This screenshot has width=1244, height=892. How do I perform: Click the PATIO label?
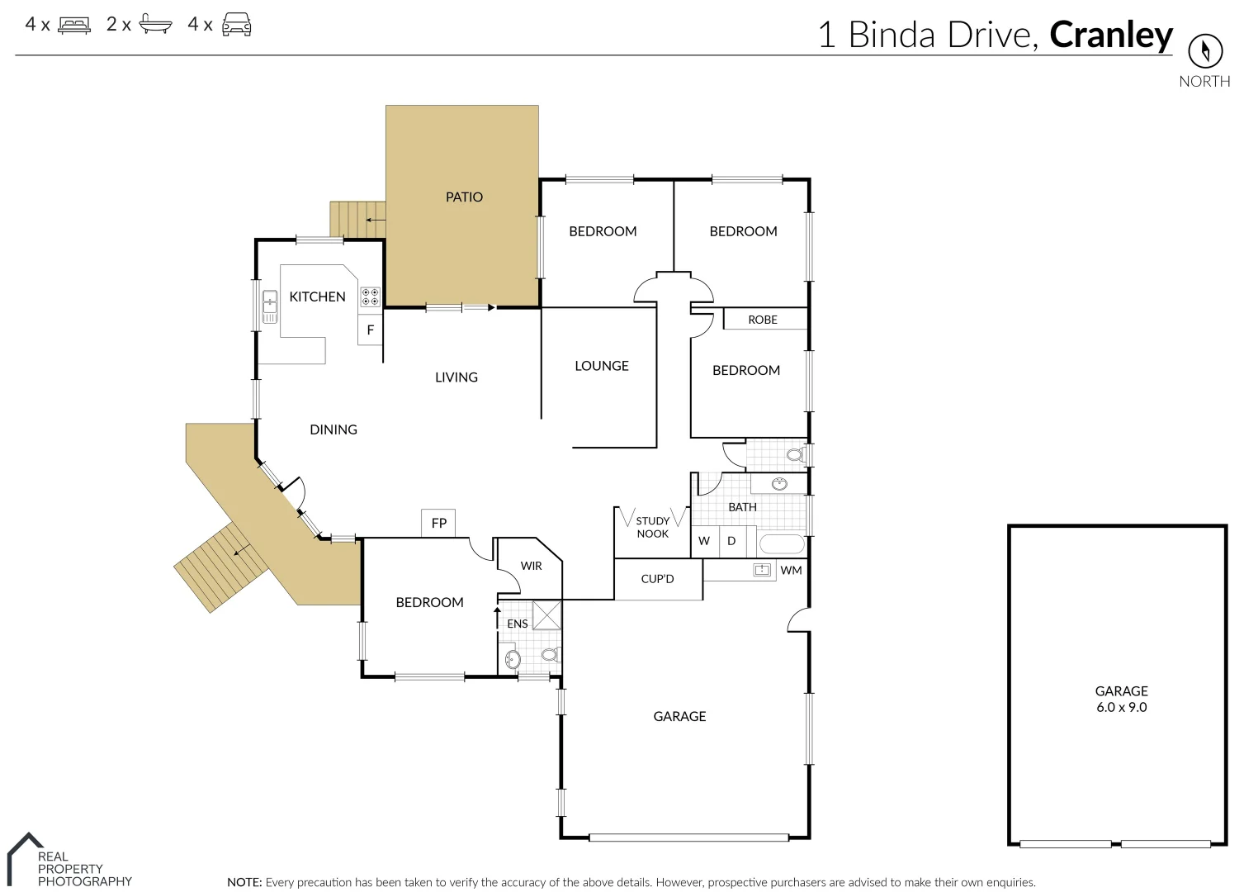click(464, 197)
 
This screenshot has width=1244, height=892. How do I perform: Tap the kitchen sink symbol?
click(269, 306)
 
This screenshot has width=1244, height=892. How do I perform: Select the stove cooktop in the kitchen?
click(370, 297)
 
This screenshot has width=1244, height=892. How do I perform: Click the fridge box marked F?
click(370, 330)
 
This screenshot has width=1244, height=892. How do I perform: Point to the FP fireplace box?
click(438, 523)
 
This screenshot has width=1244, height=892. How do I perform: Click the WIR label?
click(531, 566)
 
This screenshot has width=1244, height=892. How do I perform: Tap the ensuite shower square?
click(546, 615)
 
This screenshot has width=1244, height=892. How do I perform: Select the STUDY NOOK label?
click(652, 527)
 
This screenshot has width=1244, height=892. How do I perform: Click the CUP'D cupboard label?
click(657, 579)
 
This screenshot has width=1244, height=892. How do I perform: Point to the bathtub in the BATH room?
click(780, 544)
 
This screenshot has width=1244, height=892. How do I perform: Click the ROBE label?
click(763, 320)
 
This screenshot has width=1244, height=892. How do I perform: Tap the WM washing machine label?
click(791, 570)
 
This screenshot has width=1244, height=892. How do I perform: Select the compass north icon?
click(1204, 51)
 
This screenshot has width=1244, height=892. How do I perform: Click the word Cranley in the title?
click(1110, 35)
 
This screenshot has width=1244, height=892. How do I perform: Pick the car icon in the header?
click(237, 25)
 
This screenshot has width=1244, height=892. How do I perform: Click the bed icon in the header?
click(74, 25)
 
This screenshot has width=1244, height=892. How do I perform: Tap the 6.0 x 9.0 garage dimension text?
click(1121, 707)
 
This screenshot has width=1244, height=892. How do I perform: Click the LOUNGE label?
click(601, 366)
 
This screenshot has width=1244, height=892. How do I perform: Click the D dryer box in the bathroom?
click(731, 541)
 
